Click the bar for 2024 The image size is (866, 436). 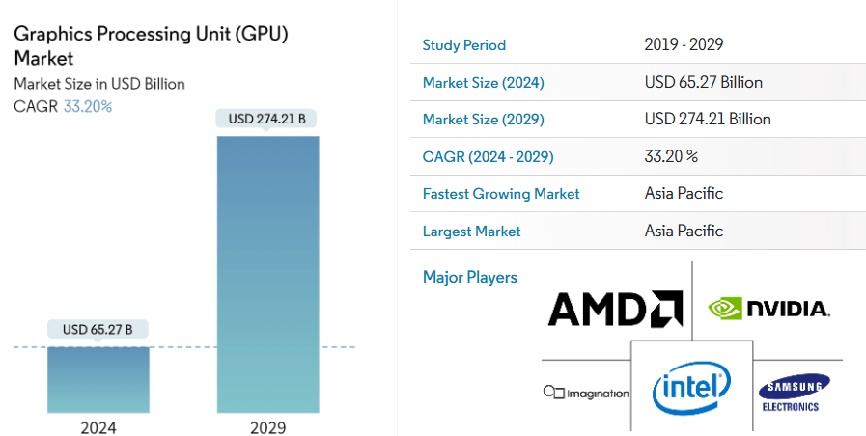98,380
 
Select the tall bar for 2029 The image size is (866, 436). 267,274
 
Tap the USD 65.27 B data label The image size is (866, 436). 98,330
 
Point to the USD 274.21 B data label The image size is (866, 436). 267,120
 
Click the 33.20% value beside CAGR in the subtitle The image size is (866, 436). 88,106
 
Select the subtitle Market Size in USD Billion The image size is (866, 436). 99,84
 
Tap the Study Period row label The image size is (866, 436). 463,45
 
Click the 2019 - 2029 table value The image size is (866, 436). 684,45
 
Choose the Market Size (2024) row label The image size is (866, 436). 483,83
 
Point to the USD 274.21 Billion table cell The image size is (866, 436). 708,120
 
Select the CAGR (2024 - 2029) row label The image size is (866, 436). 488,156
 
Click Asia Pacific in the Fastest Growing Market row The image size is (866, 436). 684,194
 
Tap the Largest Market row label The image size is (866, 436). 471,232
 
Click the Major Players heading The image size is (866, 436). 469,278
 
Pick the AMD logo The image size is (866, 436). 615,309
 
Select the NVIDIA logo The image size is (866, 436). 768,309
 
